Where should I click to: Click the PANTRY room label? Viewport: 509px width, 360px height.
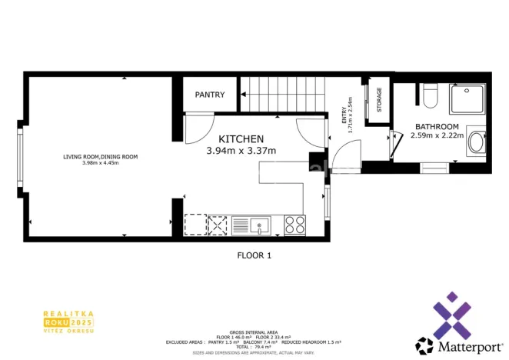pos(210,95)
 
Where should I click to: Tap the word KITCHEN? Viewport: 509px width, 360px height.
pos(241,138)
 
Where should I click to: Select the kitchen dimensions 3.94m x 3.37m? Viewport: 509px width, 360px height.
pos(241,151)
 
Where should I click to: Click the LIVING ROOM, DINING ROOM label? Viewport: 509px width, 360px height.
pos(100,157)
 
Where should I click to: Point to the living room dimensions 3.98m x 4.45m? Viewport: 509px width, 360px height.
pos(100,163)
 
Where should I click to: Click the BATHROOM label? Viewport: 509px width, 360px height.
pos(437,127)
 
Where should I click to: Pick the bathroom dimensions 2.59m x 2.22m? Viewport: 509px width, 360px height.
pos(437,136)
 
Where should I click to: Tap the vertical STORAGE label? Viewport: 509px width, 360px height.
pos(378,99)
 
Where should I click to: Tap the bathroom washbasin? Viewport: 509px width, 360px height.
pos(476,142)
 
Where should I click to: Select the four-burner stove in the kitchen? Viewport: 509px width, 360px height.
pos(295,225)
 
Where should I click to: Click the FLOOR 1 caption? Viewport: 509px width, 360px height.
pos(254,255)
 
